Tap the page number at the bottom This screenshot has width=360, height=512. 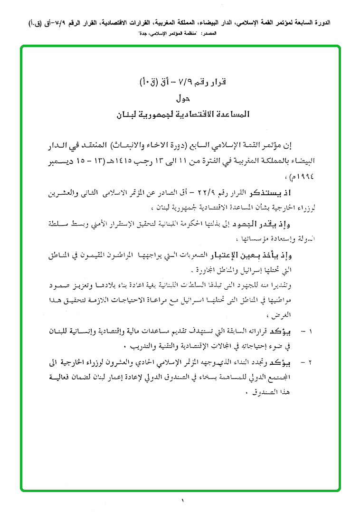click(x=181, y=500)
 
